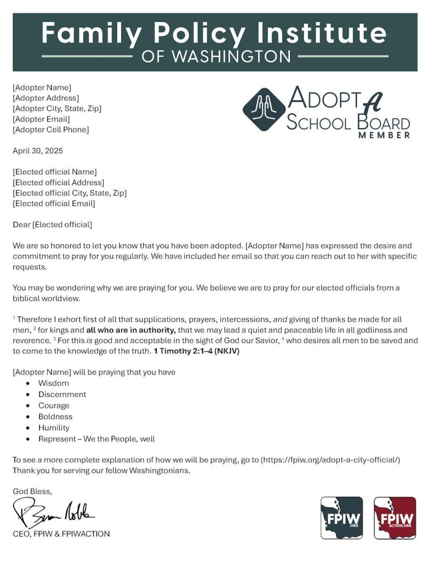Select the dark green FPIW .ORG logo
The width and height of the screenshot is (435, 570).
(341, 518)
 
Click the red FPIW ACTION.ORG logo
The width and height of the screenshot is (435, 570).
(395, 518)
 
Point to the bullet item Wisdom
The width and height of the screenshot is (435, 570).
(53, 383)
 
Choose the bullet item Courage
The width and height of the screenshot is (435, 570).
(53, 405)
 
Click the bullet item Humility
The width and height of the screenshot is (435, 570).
(53, 427)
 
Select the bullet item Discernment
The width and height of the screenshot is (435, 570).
(62, 394)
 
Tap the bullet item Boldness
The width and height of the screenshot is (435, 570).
(55, 416)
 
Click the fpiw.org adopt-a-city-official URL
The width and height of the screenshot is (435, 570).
(330, 460)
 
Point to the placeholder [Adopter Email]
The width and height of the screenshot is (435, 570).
(41, 119)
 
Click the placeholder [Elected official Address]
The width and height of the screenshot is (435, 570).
(58, 182)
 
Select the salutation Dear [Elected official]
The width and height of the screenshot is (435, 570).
(52, 224)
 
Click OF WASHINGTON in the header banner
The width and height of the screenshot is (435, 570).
(216, 56)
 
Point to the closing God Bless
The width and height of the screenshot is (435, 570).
(32, 491)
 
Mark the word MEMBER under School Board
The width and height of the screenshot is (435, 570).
(384, 135)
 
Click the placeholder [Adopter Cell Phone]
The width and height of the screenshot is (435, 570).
(50, 130)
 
